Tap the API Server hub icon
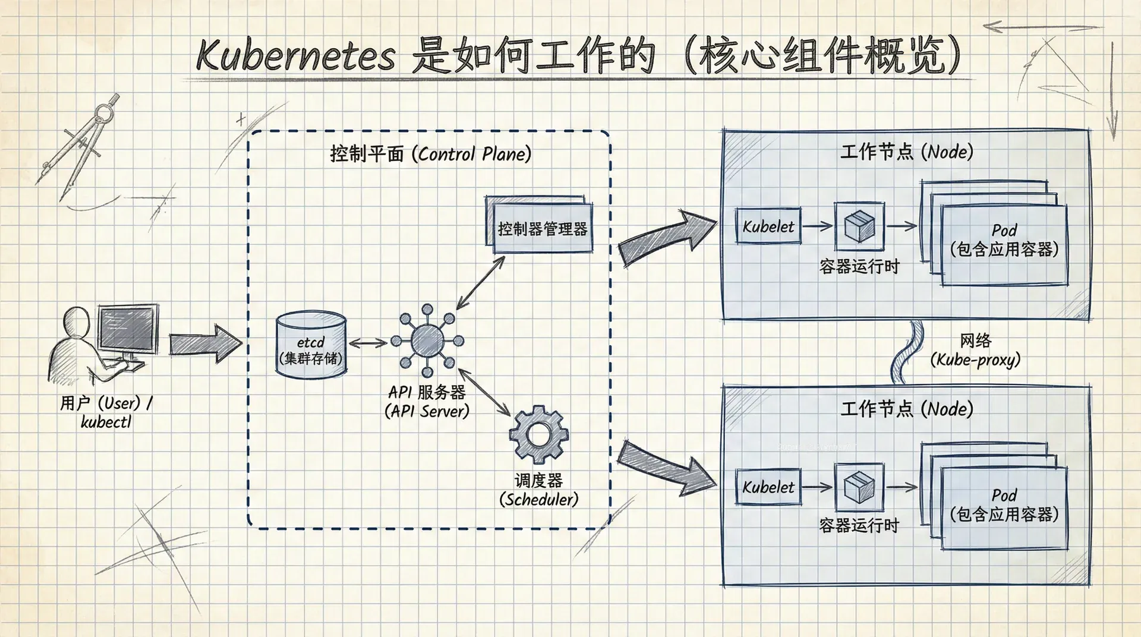(427, 340)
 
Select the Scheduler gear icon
(538, 434)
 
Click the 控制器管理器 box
(541, 228)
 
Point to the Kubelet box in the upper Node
(768, 226)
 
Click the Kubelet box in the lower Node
(768, 487)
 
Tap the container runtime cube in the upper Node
(859, 226)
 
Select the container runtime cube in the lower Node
(859, 487)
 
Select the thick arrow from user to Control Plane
(205, 343)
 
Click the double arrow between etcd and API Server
(368, 343)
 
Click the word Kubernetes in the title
(295, 56)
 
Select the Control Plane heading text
(431, 154)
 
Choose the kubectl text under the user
(106, 422)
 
